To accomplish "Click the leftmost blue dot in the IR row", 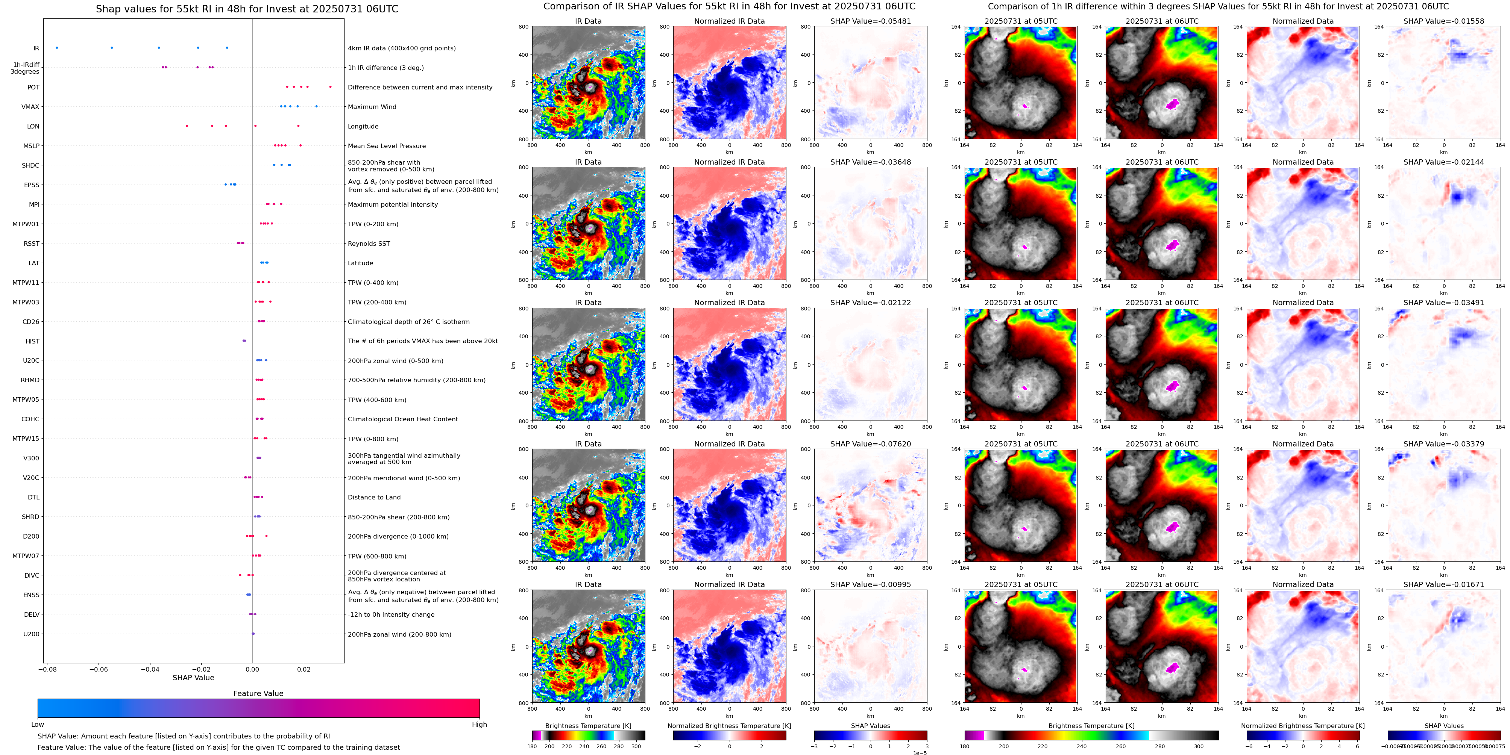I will click(x=57, y=47).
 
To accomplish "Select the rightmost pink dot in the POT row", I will click(x=330, y=87).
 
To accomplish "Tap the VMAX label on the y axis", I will click(x=30, y=107).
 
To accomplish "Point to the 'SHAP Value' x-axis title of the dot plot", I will click(x=193, y=678).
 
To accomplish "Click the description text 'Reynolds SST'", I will click(x=369, y=244).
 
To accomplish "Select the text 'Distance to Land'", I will click(x=374, y=497).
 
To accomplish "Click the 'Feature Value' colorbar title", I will click(x=258, y=693).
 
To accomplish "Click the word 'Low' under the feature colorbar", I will click(x=38, y=725).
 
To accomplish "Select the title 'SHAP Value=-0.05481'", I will click(x=871, y=21).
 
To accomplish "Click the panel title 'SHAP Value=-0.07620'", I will click(x=871, y=444).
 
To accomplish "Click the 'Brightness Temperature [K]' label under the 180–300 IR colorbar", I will click(x=588, y=726).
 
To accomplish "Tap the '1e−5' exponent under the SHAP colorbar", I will click(x=920, y=753).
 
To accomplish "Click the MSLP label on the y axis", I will click(x=32, y=146).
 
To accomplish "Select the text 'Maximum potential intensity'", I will click(x=393, y=204).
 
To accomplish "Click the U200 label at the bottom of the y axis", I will click(x=32, y=634).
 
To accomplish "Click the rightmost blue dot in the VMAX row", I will click(x=317, y=106).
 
